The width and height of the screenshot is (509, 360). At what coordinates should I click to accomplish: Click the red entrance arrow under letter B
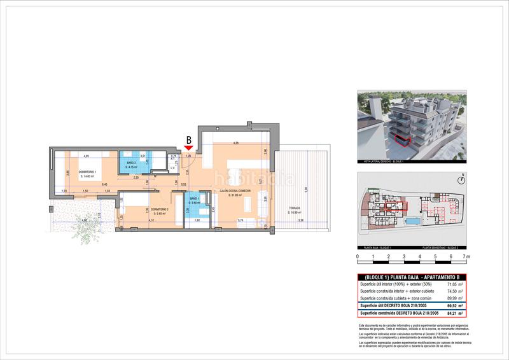[x=188, y=148]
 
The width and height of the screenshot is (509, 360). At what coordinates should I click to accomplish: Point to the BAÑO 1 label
[x=195, y=200]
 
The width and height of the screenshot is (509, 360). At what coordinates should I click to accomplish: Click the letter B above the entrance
[x=188, y=139]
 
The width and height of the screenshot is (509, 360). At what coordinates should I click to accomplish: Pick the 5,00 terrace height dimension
[x=305, y=190]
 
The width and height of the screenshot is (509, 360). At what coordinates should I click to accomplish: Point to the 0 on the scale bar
[x=358, y=257]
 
